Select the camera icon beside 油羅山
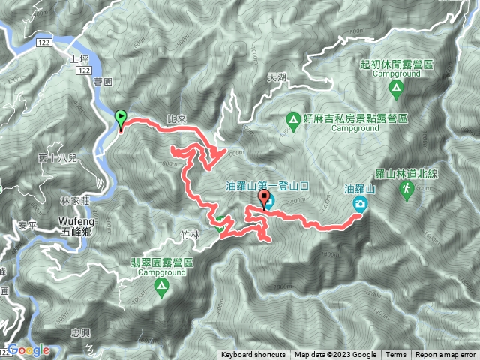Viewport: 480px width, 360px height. tap(361, 205)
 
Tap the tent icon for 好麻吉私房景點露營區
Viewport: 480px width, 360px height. tap(294, 118)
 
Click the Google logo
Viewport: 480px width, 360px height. tap(29, 349)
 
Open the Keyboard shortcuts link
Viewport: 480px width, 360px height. tap(253, 355)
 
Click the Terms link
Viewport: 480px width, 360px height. tap(396, 355)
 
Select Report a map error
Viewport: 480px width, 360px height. tap(446, 355)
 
